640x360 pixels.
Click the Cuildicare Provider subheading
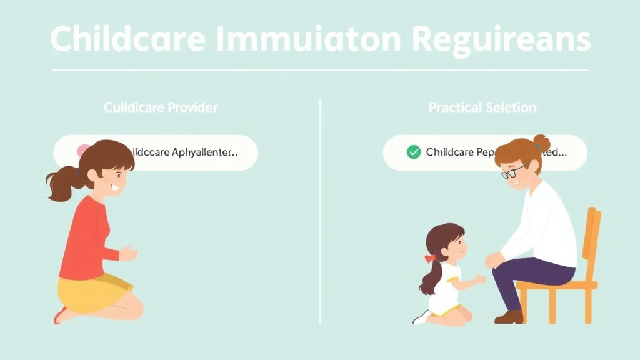(161, 107)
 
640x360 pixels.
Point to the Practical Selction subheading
(482, 107)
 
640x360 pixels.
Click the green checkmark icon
(413, 152)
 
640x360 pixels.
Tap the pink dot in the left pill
(82, 150)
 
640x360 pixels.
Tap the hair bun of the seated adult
(541, 142)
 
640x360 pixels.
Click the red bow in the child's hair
(429, 258)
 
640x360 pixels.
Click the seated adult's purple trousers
(531, 275)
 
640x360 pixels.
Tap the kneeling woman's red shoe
(60, 315)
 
